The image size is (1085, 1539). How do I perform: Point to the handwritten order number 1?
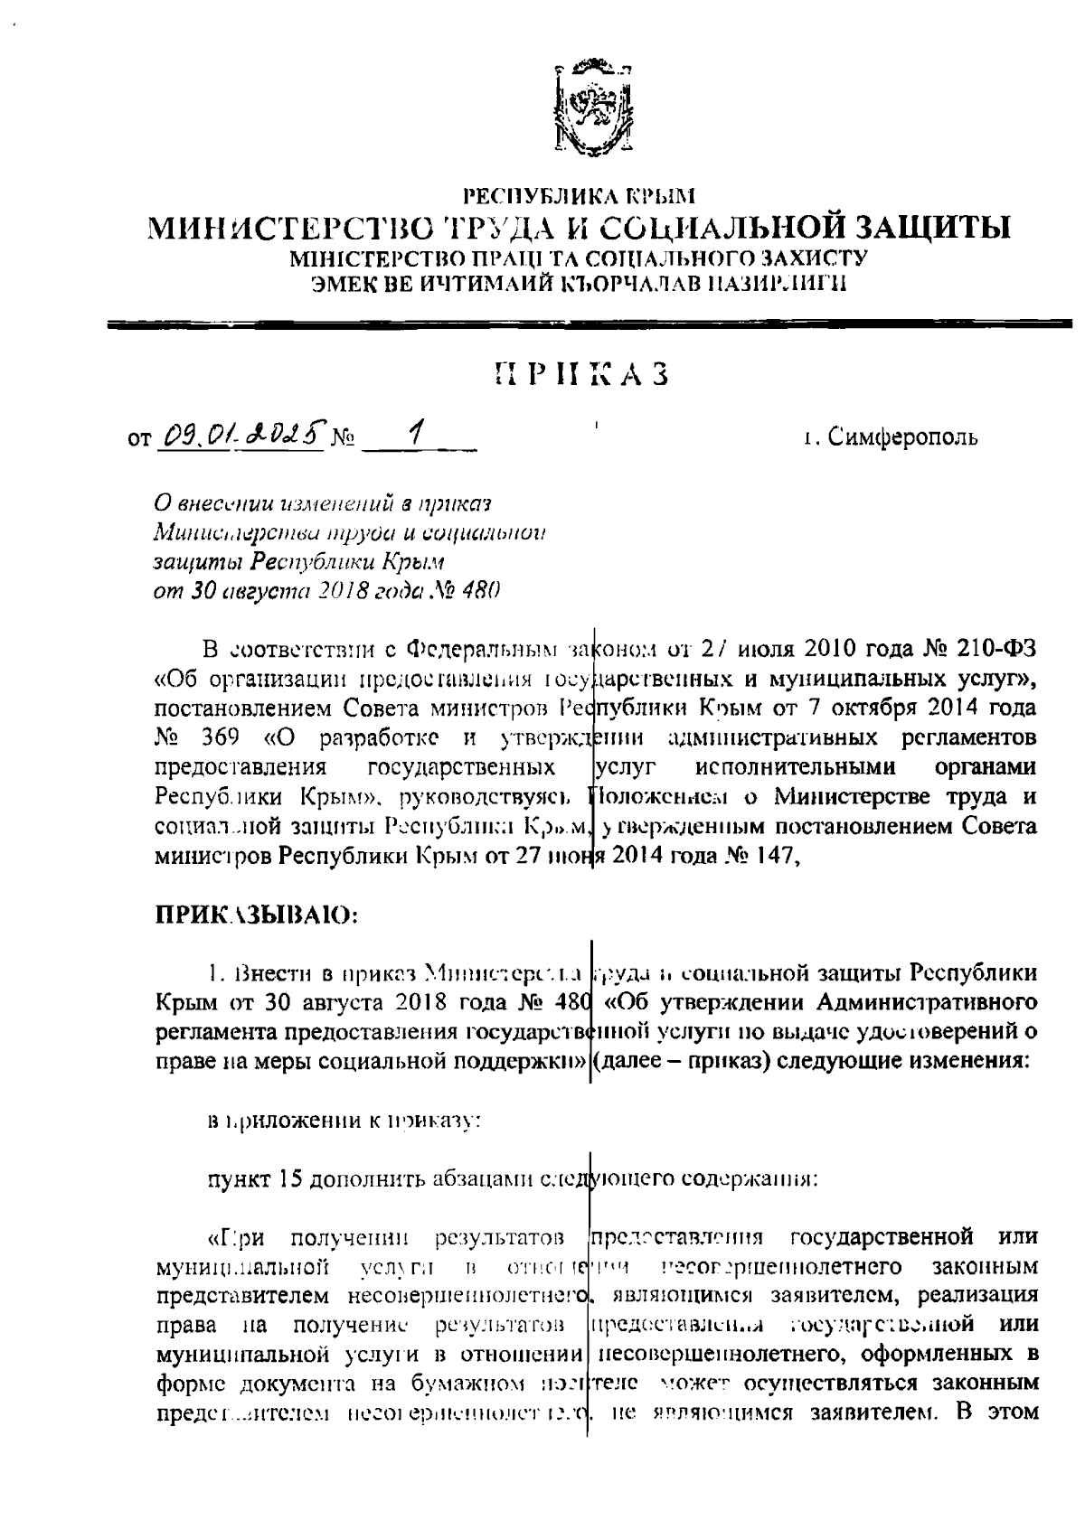(414, 436)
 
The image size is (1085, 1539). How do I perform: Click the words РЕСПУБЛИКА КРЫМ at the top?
(580, 193)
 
